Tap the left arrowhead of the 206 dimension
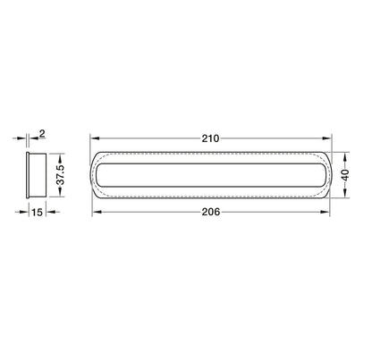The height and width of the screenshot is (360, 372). [x=97, y=212]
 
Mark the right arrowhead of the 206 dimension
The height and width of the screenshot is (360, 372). [x=325, y=212]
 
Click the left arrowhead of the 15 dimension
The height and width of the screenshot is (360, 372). [x=24, y=212]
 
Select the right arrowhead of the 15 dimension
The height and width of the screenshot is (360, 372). [x=42, y=212]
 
